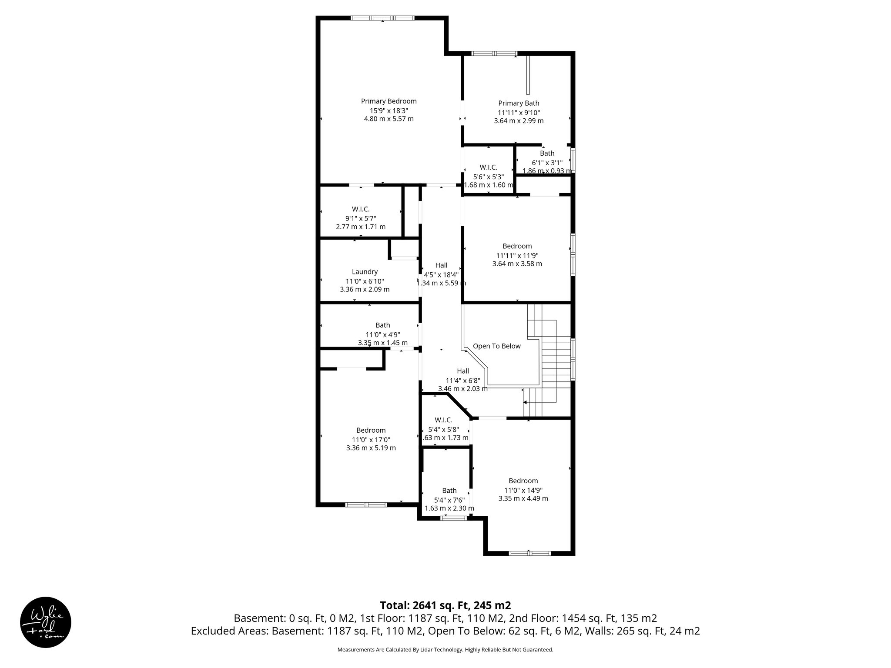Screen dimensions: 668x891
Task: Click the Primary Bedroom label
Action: point(389,101)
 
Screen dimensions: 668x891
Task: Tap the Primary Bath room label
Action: point(519,104)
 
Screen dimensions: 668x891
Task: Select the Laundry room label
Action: point(365,272)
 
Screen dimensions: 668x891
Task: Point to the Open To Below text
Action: point(496,346)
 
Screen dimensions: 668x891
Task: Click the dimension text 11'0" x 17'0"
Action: point(371,439)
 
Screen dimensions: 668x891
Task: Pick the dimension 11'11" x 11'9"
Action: point(517,255)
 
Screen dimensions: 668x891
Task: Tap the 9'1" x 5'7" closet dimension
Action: point(360,218)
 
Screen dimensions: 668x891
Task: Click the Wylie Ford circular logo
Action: point(46,622)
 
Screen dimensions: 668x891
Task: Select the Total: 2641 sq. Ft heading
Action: point(445,605)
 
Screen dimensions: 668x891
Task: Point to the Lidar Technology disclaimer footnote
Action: point(445,650)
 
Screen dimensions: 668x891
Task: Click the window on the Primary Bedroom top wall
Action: point(382,18)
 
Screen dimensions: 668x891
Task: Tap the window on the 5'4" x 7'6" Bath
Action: point(453,518)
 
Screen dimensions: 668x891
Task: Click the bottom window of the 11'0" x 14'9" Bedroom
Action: point(529,553)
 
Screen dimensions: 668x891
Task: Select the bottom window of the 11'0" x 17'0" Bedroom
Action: point(366,505)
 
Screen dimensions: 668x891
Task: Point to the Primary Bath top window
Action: point(494,54)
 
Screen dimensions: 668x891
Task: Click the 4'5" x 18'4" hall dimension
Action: point(441,275)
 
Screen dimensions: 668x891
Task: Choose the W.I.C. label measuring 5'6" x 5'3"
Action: point(488,167)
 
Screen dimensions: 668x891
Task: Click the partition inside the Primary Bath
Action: point(528,75)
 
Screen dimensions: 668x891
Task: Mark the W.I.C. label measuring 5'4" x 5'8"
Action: point(443,420)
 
